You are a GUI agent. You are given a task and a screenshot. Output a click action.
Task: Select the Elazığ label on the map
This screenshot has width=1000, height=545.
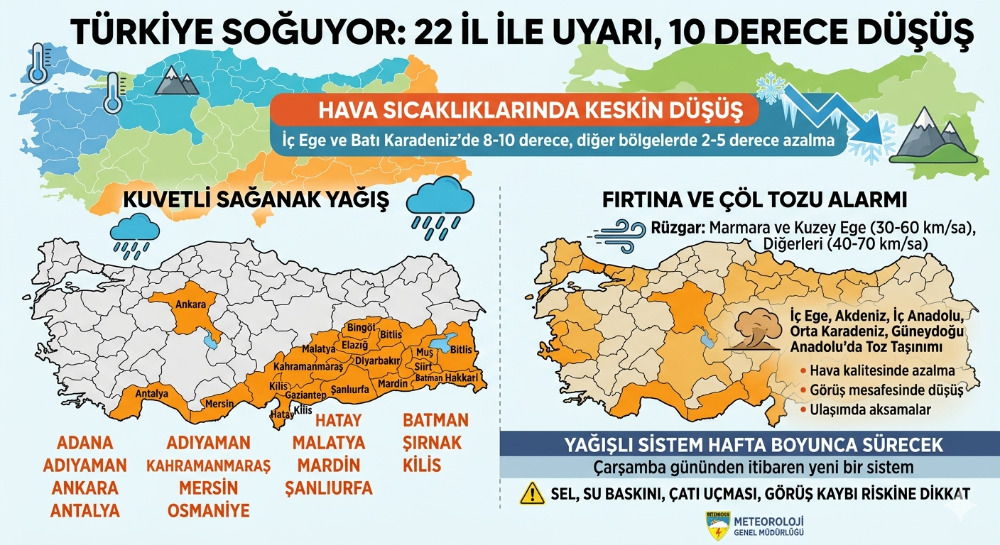tap(355, 346)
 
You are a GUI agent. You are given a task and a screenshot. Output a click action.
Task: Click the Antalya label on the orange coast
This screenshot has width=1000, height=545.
tap(151, 393)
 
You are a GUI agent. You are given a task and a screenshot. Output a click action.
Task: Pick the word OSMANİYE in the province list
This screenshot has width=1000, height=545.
tap(208, 511)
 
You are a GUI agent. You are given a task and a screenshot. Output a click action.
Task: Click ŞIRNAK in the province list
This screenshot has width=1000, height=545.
tap(432, 443)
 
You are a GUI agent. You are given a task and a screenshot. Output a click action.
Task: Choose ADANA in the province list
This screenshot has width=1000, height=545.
tap(84, 443)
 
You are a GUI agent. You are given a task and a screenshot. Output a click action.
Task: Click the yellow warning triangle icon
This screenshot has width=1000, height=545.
tap(532, 492)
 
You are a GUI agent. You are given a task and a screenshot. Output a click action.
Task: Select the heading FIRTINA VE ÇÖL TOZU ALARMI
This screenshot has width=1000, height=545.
tap(754, 199)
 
